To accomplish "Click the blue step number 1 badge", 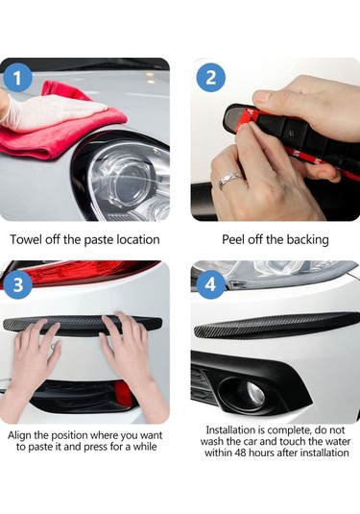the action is pyautogui.click(x=17, y=78).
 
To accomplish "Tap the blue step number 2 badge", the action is pyautogui.click(x=210, y=78).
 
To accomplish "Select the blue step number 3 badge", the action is pyautogui.click(x=17, y=284).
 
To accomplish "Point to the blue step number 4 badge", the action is pyautogui.click(x=210, y=284).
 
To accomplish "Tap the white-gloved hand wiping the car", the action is pyautogui.click(x=49, y=111).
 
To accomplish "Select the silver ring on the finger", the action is pyautogui.click(x=229, y=180).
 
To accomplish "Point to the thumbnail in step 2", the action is pyautogui.click(x=262, y=97).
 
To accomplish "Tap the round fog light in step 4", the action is pyautogui.click(x=245, y=394).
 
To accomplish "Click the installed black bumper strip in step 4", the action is pyautogui.click(x=276, y=326).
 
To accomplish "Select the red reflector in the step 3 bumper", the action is pyautogui.click(x=123, y=395).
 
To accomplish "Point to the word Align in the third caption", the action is pyautogui.click(x=19, y=435).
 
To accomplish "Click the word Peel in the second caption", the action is pyautogui.click(x=233, y=239).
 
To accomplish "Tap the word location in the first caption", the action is pyautogui.click(x=138, y=239).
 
